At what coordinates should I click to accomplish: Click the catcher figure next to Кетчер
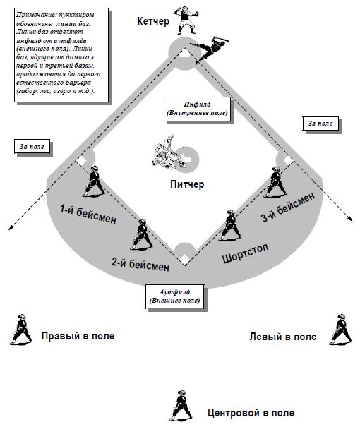pyautogui.click(x=187, y=20)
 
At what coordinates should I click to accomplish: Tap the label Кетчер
pyautogui.click(x=153, y=21)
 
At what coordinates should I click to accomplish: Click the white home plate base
pyautogui.click(x=184, y=53)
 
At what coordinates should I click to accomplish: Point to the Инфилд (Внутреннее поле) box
pyautogui.click(x=197, y=109)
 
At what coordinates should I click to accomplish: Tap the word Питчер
pyautogui.click(x=187, y=184)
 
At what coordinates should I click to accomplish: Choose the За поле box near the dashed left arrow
pyautogui.click(x=32, y=147)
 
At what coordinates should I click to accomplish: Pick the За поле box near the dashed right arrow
pyautogui.click(x=320, y=124)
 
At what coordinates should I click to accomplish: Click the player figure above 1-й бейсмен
pyautogui.click(x=94, y=181)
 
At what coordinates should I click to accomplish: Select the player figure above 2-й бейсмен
pyautogui.click(x=141, y=234)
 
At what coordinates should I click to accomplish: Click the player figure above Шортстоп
pyautogui.click(x=230, y=225)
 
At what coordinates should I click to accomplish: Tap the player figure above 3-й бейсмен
pyautogui.click(x=275, y=182)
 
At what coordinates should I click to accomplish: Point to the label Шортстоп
pyautogui.click(x=246, y=253)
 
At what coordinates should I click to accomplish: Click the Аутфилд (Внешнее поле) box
pyautogui.click(x=175, y=296)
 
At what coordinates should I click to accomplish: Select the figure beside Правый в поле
pyautogui.click(x=21, y=330)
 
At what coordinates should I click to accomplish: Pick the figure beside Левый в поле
pyautogui.click(x=340, y=330)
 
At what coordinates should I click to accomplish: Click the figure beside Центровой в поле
pyautogui.click(x=181, y=405)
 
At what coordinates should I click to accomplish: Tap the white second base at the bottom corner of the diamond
pyautogui.click(x=184, y=260)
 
